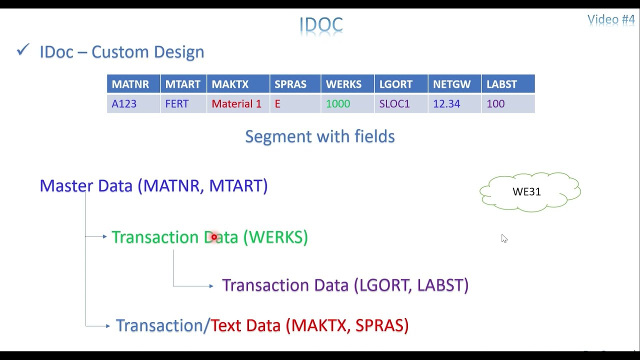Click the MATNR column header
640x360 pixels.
pos(133,84)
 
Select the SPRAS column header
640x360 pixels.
pos(295,84)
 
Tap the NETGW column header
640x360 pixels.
pos(455,84)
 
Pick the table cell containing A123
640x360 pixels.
pos(133,103)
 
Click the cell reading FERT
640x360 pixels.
pos(183,103)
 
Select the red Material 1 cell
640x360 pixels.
pos(238,103)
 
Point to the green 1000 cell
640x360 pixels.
pos(347,103)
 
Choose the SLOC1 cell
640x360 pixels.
pos(401,103)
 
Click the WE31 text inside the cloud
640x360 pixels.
pos(526,191)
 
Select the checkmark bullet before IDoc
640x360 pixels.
pos(23,49)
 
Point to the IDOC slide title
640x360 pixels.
pos(321,24)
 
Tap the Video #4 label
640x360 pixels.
pos(611,19)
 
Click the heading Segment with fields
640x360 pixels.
pos(320,136)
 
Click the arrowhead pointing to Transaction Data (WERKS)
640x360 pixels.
pos(105,236)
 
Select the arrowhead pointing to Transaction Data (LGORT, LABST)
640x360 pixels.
pos(211,285)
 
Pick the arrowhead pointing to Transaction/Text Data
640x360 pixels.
pos(108,325)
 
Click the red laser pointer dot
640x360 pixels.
pos(214,237)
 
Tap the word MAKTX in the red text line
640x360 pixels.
pos(319,325)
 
